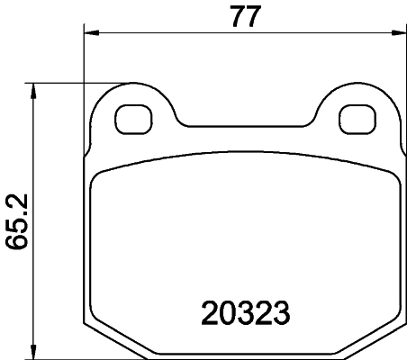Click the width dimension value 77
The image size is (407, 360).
coord(240,17)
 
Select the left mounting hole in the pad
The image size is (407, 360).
coord(136,119)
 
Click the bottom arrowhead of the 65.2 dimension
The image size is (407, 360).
coord(34,349)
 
